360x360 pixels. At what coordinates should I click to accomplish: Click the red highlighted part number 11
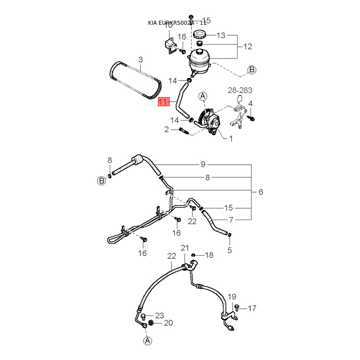point(163,103)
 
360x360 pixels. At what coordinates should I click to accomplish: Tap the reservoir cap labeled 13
point(199,35)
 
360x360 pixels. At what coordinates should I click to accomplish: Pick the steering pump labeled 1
point(212,122)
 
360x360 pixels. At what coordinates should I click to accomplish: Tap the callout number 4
point(251,103)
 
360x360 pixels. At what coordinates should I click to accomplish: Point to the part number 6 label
point(260,192)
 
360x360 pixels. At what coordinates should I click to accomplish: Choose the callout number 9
point(202,164)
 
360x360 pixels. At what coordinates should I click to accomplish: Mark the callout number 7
point(231,220)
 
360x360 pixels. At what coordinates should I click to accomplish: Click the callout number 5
point(229,250)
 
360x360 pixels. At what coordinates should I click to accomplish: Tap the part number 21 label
point(185,248)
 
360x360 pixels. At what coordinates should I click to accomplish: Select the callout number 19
point(231,297)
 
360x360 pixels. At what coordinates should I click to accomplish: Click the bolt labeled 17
point(238,308)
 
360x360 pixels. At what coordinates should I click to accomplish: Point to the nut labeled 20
point(151,324)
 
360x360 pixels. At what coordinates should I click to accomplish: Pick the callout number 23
point(160,315)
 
